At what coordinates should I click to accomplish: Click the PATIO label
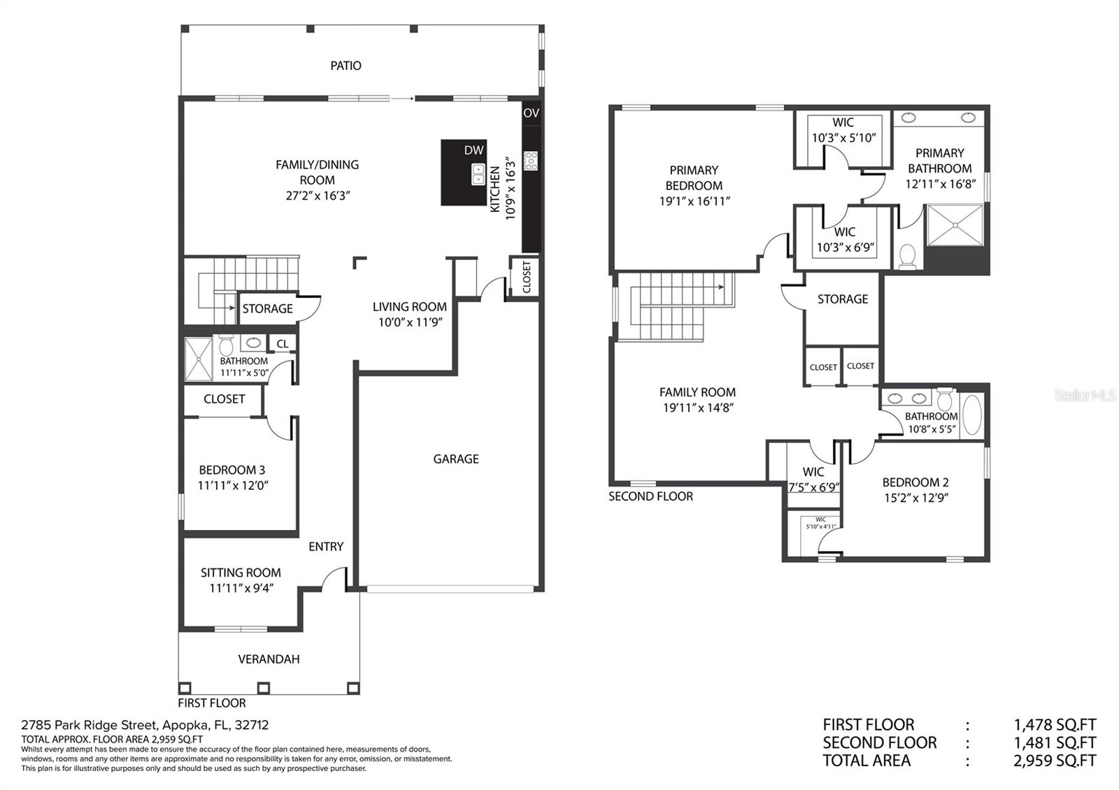[x=345, y=66]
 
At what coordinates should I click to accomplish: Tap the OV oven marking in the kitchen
[x=531, y=113]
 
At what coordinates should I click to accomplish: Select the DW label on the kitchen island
[x=473, y=150]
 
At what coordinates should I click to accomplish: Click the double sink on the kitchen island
[x=478, y=174]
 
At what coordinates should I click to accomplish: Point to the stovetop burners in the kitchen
[x=531, y=161]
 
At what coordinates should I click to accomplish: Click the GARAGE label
[x=455, y=459]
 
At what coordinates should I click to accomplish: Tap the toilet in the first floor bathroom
[x=227, y=345]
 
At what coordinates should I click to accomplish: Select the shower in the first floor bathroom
[x=199, y=359]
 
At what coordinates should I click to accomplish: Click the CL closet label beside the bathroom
[x=283, y=343]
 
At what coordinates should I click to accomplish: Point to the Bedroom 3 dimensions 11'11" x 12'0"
[x=233, y=485]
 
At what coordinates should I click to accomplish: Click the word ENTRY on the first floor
[x=326, y=547]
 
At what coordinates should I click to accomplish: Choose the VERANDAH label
[x=269, y=659]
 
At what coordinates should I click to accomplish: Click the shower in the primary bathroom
[x=955, y=225]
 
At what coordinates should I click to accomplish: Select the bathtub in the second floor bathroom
[x=971, y=415]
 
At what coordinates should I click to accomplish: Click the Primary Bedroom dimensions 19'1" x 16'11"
[x=694, y=201]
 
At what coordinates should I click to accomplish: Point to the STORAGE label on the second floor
[x=842, y=299]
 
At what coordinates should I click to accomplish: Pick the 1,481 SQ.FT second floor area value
[x=1055, y=742]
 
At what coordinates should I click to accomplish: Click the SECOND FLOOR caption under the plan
[x=650, y=496]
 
